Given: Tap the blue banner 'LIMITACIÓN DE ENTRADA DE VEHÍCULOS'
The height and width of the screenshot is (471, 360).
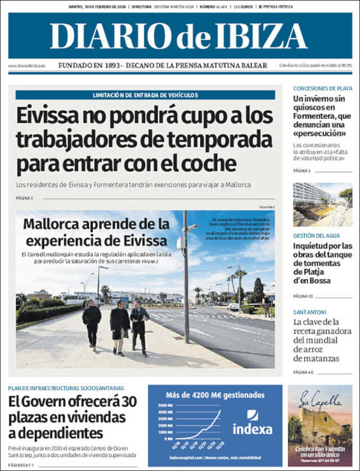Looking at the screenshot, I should pyautogui.click(x=145, y=95).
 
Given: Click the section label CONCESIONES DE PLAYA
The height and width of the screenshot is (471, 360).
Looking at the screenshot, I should pyautogui.click(x=322, y=88).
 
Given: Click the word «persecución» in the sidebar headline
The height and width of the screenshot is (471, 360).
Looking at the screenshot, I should pyautogui.click(x=318, y=133).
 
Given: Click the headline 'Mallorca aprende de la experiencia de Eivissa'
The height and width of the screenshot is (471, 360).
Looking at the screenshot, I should pyautogui.click(x=96, y=232).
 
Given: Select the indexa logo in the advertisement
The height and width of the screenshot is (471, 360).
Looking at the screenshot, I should pyautogui.click(x=253, y=423).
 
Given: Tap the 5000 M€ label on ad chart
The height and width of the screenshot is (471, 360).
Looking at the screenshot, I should pyautogui.click(x=166, y=405).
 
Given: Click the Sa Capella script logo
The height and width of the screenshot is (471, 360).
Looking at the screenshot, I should pyautogui.click(x=319, y=401).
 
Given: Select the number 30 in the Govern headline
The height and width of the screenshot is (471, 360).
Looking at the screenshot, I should pyautogui.click(x=128, y=402).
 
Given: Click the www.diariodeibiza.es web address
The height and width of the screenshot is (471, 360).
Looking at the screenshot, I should pyautogui.click(x=26, y=66).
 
